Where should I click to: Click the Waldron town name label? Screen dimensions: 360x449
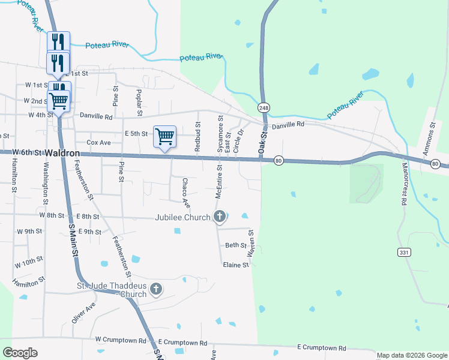click(x=62, y=153)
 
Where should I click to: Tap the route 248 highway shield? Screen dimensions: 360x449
click(x=264, y=107)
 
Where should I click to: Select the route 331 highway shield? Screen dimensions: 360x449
click(x=404, y=253)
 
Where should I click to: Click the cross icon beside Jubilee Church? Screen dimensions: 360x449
click(x=220, y=216)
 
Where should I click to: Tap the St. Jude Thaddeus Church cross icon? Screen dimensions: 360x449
click(x=156, y=290)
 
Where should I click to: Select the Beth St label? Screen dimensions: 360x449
click(x=235, y=245)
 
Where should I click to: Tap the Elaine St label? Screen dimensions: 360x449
click(x=235, y=265)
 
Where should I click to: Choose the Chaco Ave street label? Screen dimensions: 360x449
click(x=186, y=189)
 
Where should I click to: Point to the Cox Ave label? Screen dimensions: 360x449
click(x=99, y=143)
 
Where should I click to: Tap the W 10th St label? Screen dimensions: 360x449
click(x=29, y=262)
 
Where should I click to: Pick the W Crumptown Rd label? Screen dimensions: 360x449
click(x=121, y=340)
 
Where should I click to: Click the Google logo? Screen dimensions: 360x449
click(x=20, y=353)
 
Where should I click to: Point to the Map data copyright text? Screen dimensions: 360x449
click(x=411, y=355)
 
